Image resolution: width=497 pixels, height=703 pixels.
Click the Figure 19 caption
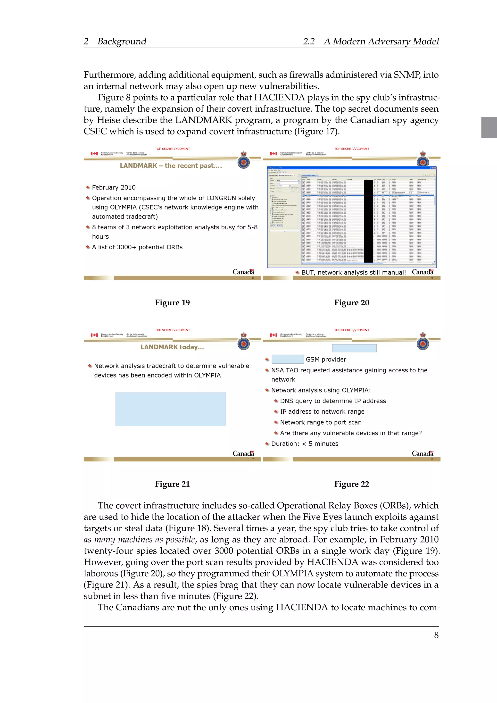point(172,302)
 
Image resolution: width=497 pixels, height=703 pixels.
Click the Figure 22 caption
point(351,484)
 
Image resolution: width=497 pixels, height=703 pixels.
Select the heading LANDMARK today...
point(172,347)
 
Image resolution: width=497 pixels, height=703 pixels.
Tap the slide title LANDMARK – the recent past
point(171,166)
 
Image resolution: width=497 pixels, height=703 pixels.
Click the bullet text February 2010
point(114,187)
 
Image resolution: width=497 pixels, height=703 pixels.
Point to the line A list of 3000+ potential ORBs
point(137,247)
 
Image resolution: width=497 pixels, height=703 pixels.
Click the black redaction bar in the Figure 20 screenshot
point(368,221)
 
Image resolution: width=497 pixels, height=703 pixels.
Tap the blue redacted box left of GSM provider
point(287,359)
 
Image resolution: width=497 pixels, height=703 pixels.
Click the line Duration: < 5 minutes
point(305,444)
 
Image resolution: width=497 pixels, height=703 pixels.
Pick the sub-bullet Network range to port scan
point(321,422)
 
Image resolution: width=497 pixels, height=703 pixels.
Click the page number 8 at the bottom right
point(436,635)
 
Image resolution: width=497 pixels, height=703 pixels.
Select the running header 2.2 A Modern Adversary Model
point(371,41)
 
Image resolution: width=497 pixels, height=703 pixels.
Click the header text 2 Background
point(115,41)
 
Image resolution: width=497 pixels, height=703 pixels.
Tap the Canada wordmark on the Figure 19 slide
point(243,272)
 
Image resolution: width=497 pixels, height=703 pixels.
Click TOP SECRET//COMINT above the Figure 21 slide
point(172,330)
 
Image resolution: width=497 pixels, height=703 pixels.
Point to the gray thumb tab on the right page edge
point(489,127)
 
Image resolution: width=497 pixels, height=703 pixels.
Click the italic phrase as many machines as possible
point(140,539)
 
